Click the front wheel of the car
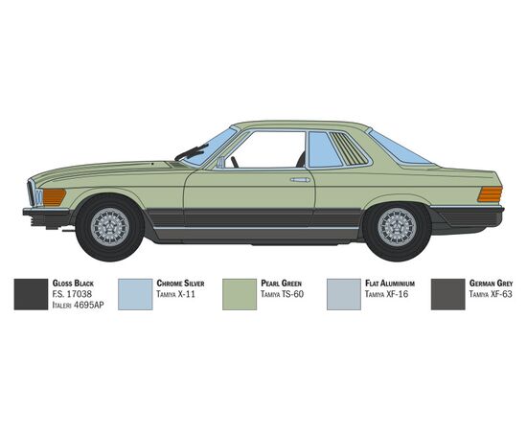click(110, 227)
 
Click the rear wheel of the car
click(397, 227)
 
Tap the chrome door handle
click(300, 180)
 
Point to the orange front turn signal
click(54, 197)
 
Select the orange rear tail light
click(490, 194)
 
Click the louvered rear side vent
click(349, 148)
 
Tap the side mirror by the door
click(220, 162)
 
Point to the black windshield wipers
click(192, 152)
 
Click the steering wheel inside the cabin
click(234, 162)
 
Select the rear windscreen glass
click(399, 148)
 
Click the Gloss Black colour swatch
click(31, 294)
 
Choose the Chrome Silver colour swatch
click(135, 294)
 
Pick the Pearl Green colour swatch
click(240, 294)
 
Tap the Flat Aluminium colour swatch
click(344, 294)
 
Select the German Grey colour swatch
click(448, 294)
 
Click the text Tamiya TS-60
click(282, 294)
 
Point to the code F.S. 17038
click(72, 294)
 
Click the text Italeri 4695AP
click(78, 305)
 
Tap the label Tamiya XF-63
click(491, 294)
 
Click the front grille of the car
click(32, 193)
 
